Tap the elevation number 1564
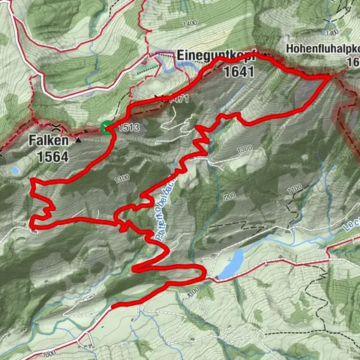point(55,157)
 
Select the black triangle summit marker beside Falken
point(77,139)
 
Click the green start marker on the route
point(107,127)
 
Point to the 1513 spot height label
point(128,127)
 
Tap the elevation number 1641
point(239,72)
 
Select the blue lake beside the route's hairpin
point(231,262)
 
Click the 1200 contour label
point(229,196)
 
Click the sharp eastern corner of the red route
point(330,76)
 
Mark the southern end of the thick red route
point(112,306)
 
